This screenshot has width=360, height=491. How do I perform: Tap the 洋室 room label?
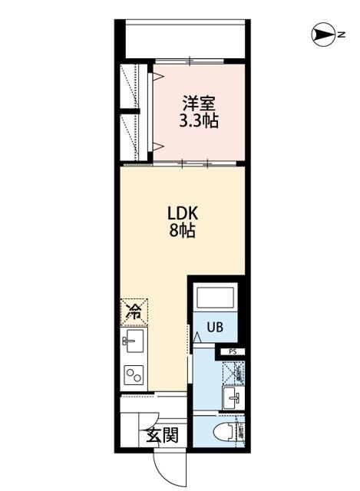(x=196, y=103)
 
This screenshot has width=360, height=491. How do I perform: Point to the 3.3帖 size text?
(x=196, y=120)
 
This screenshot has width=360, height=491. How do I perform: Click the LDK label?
(x=182, y=212)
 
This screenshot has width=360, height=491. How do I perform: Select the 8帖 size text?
(x=182, y=229)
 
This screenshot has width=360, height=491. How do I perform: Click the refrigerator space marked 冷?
(x=133, y=311)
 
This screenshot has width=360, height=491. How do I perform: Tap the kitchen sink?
(x=133, y=342)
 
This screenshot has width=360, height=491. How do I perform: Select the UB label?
(x=214, y=327)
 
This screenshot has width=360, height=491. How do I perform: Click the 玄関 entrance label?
(x=163, y=436)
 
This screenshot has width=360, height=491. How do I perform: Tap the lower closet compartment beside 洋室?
(x=136, y=138)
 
